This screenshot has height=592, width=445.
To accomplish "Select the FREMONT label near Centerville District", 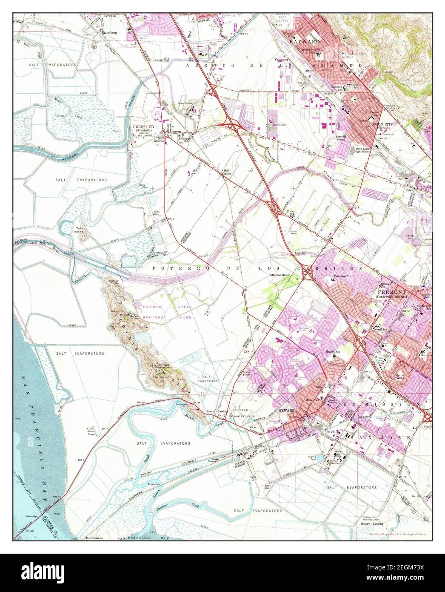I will click(x=391, y=293).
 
